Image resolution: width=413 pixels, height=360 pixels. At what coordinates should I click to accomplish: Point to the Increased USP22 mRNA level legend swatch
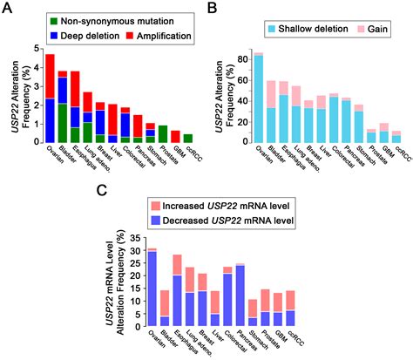point(153,206)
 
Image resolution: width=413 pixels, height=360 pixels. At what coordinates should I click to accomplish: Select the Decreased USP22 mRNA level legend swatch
point(153,221)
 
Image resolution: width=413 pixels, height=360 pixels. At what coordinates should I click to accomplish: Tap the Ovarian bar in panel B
point(258,100)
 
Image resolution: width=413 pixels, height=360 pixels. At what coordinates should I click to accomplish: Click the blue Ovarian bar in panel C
point(152,288)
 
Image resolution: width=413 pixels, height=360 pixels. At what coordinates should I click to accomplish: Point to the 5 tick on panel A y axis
point(35,48)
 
